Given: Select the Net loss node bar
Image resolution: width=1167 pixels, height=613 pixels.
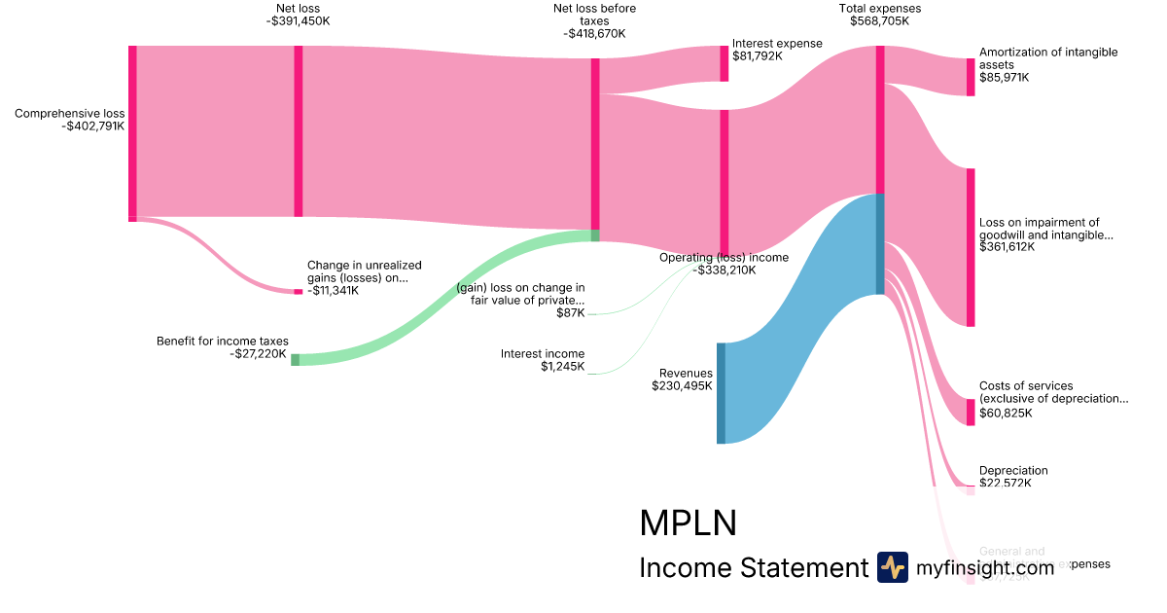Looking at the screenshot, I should (299, 130).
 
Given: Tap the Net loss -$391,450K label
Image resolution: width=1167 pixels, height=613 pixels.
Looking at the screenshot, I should (298, 20).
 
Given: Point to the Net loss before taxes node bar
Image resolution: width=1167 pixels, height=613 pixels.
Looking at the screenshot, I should (595, 144).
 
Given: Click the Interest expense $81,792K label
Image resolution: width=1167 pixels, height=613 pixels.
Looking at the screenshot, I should (777, 50).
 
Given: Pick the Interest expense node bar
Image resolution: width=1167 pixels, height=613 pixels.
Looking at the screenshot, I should (724, 63).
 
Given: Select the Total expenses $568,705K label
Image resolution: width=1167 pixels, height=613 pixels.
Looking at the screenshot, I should (879, 20).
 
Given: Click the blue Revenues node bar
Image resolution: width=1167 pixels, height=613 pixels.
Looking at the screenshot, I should (721, 393).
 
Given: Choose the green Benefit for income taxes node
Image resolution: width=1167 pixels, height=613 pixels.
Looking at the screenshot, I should (296, 360).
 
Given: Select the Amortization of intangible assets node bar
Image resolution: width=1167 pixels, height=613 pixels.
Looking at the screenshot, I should (970, 77).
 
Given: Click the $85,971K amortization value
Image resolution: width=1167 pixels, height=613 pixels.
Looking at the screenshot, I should (1004, 77).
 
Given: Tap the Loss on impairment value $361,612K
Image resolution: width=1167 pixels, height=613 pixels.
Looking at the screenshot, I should (1007, 247).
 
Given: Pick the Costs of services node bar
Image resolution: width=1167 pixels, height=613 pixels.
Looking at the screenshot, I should (970, 412).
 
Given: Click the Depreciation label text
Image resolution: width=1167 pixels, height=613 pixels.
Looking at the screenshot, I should (1013, 471).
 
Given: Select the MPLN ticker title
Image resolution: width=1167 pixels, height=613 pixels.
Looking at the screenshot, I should (688, 523).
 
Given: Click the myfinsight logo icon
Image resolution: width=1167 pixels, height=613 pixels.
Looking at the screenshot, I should (893, 567).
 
